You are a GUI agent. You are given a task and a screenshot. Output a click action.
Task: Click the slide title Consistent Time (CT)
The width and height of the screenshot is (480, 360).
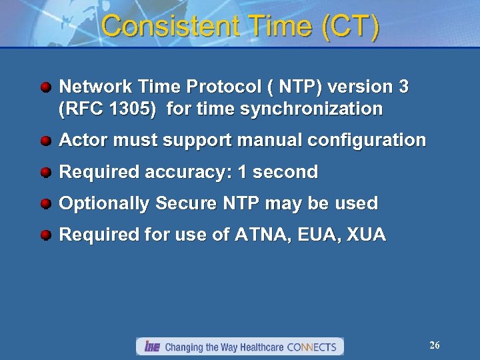241,27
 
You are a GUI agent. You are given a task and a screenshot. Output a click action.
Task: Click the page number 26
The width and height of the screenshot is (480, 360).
434,345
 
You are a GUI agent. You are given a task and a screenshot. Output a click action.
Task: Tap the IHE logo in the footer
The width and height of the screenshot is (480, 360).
152,347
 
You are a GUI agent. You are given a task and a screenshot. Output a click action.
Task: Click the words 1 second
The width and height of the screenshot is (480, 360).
278,172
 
